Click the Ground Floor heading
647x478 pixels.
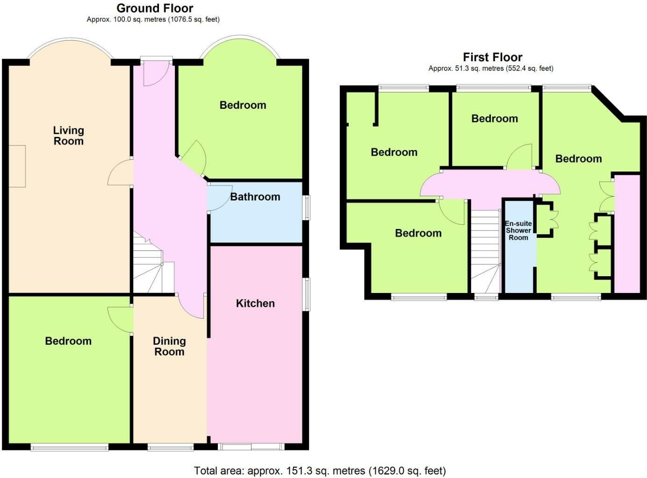[x=155, y=8]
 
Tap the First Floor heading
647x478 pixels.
[x=493, y=57]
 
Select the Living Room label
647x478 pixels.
[x=69, y=136]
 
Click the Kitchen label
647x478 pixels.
[x=255, y=303]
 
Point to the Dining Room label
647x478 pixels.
[x=169, y=346]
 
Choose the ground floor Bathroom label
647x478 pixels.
[x=255, y=197]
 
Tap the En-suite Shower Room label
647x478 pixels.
[x=518, y=230]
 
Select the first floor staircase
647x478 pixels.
[x=486, y=251]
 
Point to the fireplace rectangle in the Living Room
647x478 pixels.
[x=17, y=166]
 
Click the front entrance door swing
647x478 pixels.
[x=156, y=74]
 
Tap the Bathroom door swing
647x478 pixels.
[x=220, y=198]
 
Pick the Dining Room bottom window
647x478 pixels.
[x=171, y=447]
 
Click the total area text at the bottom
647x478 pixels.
[x=320, y=471]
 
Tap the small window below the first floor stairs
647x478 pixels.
[x=486, y=297]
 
